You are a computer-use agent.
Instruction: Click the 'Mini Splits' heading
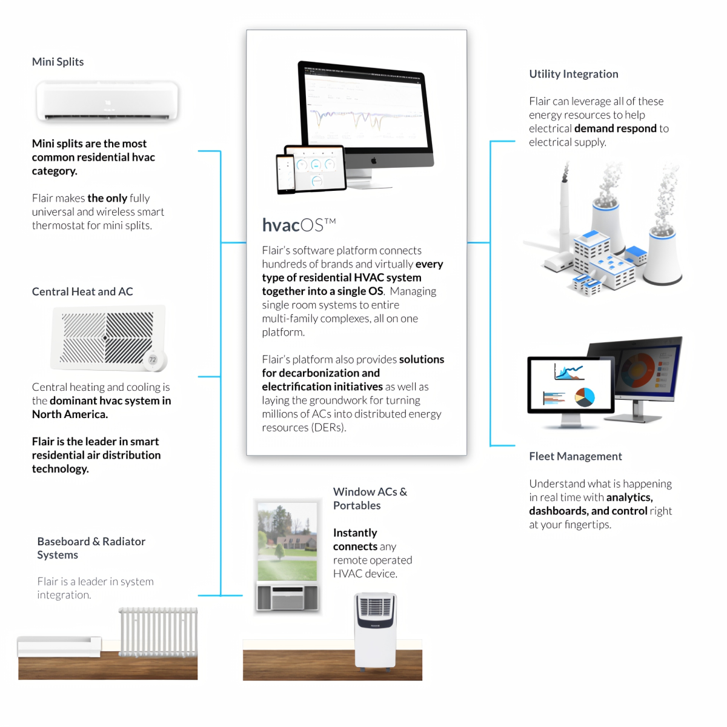pyautogui.click(x=58, y=62)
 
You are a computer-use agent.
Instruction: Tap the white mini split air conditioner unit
pyautogui.click(x=107, y=101)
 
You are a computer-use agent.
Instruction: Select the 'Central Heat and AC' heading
pyautogui.click(x=82, y=291)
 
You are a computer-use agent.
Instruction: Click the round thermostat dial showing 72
pyautogui.click(x=153, y=360)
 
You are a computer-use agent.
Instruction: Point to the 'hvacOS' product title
pyautogui.click(x=298, y=225)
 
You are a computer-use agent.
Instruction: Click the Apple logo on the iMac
pyautogui.click(x=374, y=161)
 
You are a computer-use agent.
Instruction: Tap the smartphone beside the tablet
pyautogui.click(x=285, y=173)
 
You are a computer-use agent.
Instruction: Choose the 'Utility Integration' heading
pyautogui.click(x=574, y=74)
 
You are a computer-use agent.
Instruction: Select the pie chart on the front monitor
pyautogui.click(x=585, y=397)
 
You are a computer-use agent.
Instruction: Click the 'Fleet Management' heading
pyautogui.click(x=576, y=456)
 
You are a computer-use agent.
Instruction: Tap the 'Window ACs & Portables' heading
pyautogui.click(x=370, y=499)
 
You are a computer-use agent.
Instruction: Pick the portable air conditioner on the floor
pyautogui.click(x=376, y=630)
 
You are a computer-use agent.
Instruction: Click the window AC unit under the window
pyautogui.click(x=287, y=597)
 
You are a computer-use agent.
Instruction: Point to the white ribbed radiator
pyautogui.click(x=158, y=632)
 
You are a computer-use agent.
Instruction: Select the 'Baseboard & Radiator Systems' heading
pyautogui.click(x=91, y=548)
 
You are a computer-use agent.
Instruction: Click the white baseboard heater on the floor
pyautogui.click(x=59, y=646)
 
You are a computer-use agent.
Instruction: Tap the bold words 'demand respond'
pyautogui.click(x=616, y=128)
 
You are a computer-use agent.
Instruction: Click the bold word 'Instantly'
pyautogui.click(x=355, y=533)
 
